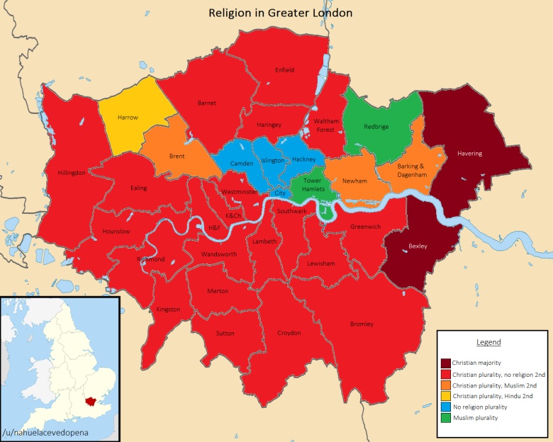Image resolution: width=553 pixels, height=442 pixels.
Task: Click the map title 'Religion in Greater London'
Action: pos(280,13)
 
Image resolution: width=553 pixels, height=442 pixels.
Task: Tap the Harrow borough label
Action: pos(128,118)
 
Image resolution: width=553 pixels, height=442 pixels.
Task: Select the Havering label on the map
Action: pos(469,154)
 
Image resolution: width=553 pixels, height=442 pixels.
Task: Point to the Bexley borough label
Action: pos(418,246)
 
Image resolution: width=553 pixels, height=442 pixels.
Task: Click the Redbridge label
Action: pos(376,127)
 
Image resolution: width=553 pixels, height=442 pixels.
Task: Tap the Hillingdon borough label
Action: pos(72,172)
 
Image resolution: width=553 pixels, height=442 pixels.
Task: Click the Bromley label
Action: pos(362,324)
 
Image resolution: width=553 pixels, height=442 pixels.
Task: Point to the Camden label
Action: pos(242,164)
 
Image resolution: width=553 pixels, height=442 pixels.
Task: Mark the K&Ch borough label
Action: pos(233,215)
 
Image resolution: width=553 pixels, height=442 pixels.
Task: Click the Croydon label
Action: pos(289,333)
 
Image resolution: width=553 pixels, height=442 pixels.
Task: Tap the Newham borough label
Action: pos(354,181)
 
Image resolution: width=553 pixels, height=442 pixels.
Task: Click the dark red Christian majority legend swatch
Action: pos(445,363)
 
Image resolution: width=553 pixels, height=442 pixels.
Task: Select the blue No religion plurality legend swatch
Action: pos(445,407)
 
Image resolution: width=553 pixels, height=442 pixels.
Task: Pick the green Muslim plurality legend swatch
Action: pos(445,418)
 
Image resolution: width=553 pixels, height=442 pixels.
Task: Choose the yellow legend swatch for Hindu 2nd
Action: pos(445,396)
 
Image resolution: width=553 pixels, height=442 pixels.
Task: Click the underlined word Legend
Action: pos(488,342)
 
